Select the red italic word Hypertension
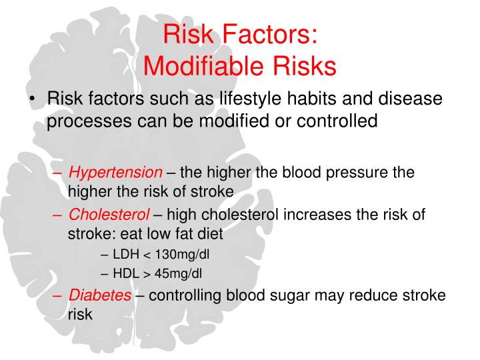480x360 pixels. click(116, 173)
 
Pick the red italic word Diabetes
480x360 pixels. click(100, 295)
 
